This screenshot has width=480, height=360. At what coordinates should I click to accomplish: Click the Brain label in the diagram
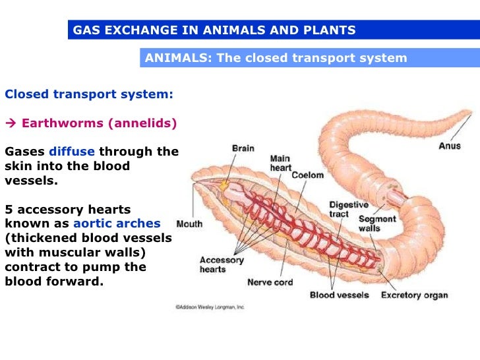[243, 148]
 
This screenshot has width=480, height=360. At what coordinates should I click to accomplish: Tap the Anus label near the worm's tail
[450, 146]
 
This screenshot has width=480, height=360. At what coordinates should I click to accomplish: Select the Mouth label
[189, 224]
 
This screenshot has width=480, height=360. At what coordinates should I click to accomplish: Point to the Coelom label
[308, 175]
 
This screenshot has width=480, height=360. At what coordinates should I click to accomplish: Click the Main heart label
[281, 164]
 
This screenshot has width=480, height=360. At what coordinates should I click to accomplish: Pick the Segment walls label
[378, 224]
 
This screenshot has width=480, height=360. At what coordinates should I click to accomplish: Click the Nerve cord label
[269, 282]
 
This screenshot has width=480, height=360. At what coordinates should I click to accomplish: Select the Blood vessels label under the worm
[340, 295]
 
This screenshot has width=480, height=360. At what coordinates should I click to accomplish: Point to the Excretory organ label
[414, 295]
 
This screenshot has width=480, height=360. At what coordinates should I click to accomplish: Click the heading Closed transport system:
[89, 94]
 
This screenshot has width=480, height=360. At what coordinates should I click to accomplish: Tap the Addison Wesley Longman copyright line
[210, 307]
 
